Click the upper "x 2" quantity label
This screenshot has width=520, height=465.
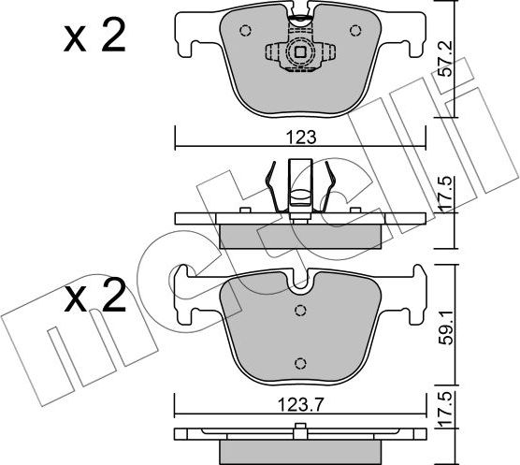click(94, 38)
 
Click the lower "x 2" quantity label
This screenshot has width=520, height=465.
click(94, 298)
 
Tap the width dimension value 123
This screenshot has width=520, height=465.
click(300, 137)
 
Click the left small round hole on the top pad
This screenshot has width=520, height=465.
click(245, 31)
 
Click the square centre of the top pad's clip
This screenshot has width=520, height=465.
click(300, 52)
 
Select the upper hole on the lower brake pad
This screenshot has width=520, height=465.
click(300, 312)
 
